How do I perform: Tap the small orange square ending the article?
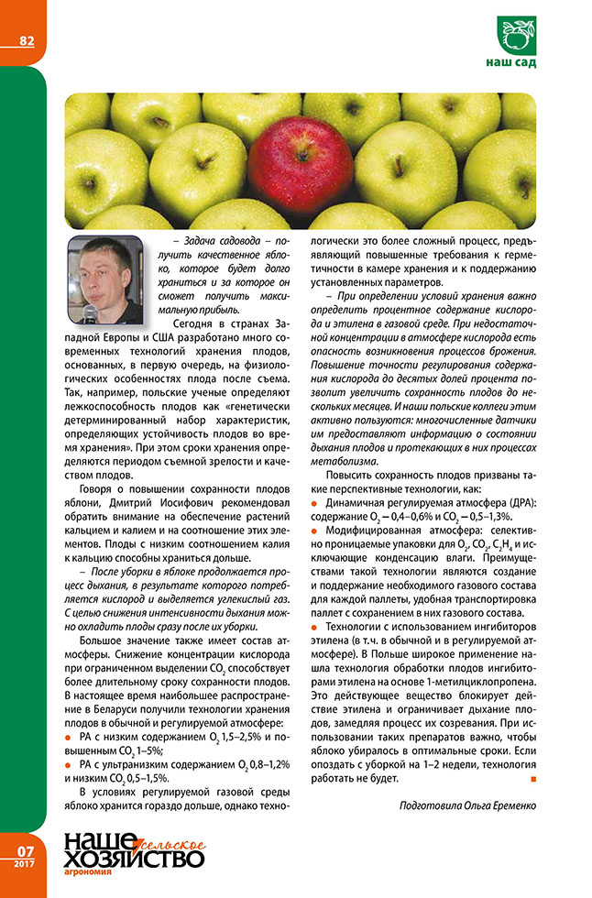click(x=532, y=779)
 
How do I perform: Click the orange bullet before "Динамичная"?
click(x=316, y=504)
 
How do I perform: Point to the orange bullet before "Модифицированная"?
click(x=316, y=531)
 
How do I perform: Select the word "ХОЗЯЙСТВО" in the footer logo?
click(x=133, y=858)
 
